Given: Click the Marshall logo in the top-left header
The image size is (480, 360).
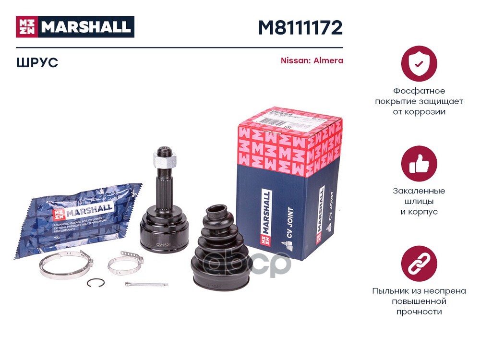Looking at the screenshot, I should click(75, 27).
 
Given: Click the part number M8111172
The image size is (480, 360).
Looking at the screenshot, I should click(300, 28).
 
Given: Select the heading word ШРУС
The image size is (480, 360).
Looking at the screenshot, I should click(36, 62).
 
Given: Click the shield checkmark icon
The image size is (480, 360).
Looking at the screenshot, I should click(419, 63).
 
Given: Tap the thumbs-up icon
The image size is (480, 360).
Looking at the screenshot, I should click(419, 164).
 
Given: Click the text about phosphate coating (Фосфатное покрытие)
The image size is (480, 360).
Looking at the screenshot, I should click(419, 101).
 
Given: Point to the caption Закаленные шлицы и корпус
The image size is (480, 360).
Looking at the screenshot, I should click(419, 201).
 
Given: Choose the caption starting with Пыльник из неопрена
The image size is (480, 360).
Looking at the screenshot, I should click(419, 301).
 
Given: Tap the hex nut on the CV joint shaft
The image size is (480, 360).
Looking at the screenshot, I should click(164, 156).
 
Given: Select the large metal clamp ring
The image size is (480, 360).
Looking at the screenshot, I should click(65, 266).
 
